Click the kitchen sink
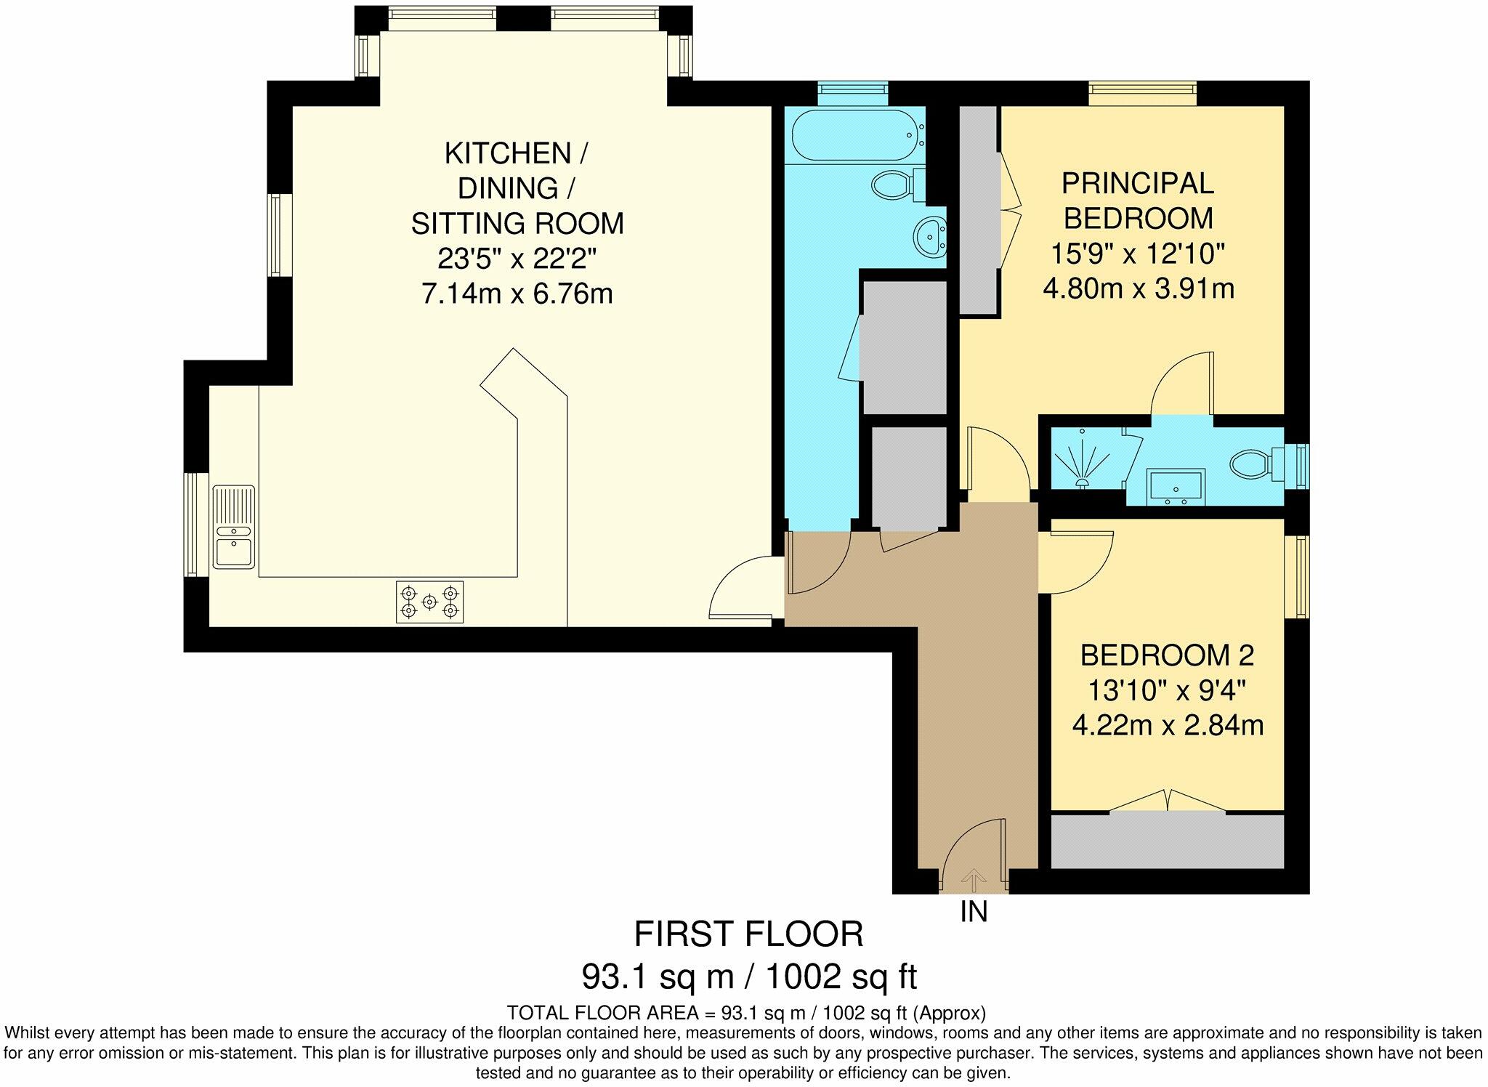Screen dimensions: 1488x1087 233,526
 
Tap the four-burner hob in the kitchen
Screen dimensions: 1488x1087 429,602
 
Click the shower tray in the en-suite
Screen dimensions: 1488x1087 1086,459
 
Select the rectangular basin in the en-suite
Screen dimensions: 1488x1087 1176,487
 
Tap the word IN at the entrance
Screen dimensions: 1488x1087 974,911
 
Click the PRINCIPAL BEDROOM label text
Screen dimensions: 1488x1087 1139,201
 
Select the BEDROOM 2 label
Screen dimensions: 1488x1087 1168,655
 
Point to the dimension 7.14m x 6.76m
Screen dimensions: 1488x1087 517,294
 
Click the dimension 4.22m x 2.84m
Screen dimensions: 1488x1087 1168,725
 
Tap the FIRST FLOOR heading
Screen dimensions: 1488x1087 749,934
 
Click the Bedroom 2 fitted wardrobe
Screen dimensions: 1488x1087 1168,841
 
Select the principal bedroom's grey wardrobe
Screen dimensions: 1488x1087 978,210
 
